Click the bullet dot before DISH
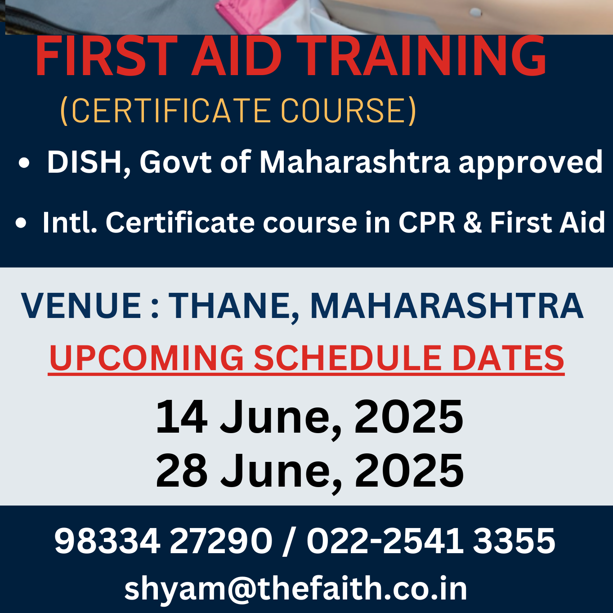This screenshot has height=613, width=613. coord(24,163)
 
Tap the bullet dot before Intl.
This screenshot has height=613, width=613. coord(21,223)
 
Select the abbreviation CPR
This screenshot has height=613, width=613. coord(427,223)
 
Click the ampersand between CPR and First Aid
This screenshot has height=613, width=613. coord(472,223)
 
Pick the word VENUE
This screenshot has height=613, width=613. coord(81,306)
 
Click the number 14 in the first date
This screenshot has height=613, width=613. coord(181,417)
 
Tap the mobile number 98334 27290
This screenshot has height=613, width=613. coord(163,541)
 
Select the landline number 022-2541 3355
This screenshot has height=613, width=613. coord(431,541)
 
